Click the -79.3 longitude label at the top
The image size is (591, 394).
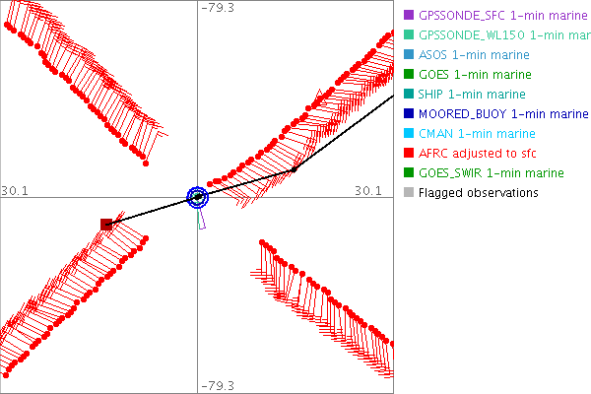tap(218, 8)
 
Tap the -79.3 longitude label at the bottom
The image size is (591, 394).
tap(218, 385)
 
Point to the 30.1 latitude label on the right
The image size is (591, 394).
tap(367, 190)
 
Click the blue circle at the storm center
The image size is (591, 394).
tap(198, 197)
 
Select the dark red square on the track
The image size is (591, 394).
tap(106, 225)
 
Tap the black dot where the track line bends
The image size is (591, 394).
tap(294, 169)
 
